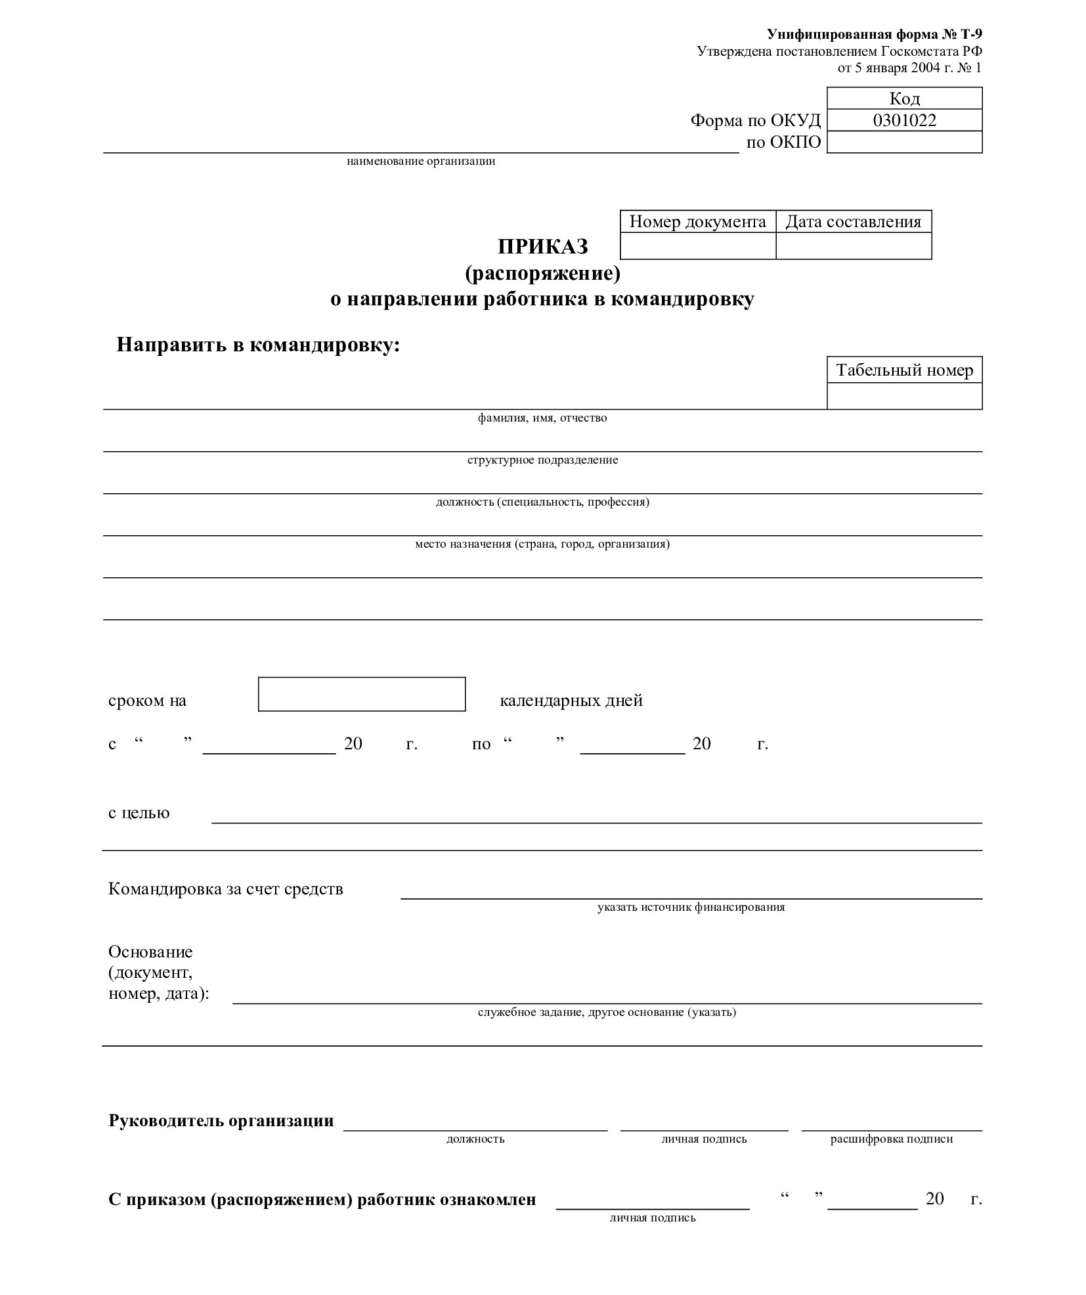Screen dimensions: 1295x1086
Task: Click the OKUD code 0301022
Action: click(903, 120)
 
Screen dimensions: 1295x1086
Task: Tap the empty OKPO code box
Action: click(903, 142)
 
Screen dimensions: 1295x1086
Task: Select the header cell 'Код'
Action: click(903, 99)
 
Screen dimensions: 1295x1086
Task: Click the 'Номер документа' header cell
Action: click(697, 222)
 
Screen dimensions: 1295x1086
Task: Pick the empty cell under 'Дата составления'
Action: click(853, 246)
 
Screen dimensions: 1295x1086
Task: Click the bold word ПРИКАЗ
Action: click(542, 247)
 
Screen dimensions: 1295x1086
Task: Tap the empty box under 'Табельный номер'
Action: click(903, 396)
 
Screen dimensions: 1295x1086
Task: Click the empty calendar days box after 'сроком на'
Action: click(361, 694)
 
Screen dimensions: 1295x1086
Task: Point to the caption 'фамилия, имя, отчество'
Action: click(542, 418)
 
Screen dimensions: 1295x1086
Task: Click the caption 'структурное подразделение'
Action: click(542, 460)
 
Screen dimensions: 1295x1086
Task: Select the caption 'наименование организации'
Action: click(421, 162)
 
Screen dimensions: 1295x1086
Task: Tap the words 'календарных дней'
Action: click(571, 701)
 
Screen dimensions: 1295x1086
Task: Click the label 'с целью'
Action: click(139, 813)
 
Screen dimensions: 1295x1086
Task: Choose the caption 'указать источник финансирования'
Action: click(691, 908)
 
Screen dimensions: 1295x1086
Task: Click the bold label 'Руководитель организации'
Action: click(221, 1120)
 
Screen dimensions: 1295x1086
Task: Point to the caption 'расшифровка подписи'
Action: click(891, 1139)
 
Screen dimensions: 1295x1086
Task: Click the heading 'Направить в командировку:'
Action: click(258, 345)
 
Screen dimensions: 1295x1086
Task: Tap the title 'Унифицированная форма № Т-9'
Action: click(874, 35)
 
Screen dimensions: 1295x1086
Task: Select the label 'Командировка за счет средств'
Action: click(225, 889)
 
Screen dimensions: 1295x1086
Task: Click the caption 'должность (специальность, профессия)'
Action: click(542, 502)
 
